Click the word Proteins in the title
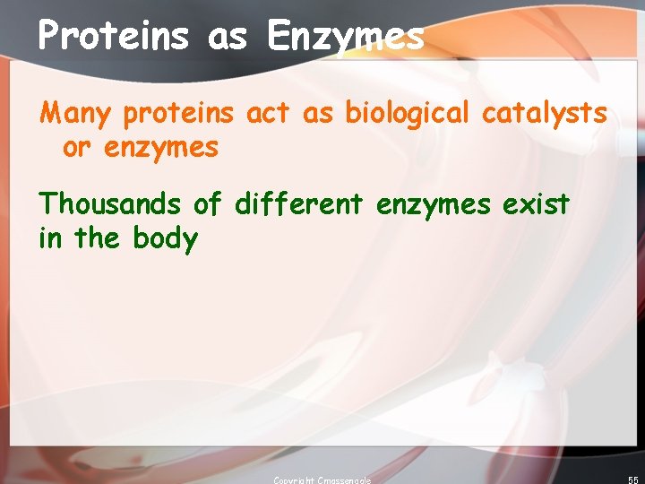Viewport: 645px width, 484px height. [114, 36]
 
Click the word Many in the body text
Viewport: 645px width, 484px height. [79, 115]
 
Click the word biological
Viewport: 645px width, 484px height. [407, 115]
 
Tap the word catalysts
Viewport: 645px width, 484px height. [545, 115]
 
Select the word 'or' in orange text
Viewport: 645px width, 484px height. [76, 148]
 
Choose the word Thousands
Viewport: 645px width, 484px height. [109, 203]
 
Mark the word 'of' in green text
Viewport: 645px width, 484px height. [207, 203]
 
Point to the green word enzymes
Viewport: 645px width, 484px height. [434, 205]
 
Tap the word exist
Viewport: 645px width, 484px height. [536, 203]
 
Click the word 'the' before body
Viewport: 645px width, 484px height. [99, 238]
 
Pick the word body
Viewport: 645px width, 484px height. [165, 239]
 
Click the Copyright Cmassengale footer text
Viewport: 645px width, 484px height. [322, 480]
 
